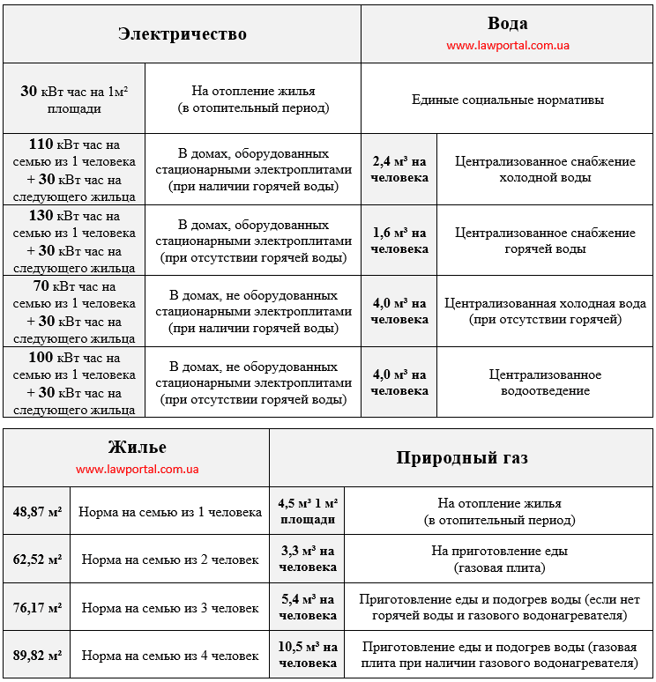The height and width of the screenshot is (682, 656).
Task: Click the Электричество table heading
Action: [x=182, y=34]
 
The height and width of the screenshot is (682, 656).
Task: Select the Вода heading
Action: [x=507, y=24]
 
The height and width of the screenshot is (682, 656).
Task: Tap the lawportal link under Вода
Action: [x=507, y=45]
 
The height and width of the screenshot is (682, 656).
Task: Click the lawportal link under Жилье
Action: [x=137, y=469]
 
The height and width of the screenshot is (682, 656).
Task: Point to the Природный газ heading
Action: [x=462, y=458]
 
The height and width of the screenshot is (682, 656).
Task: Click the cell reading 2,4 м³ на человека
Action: [x=399, y=169]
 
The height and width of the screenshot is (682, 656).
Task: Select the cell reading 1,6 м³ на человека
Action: [x=399, y=241]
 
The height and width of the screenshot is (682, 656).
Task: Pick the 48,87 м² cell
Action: [x=37, y=511]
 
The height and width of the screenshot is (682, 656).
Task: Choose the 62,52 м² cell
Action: [x=37, y=559]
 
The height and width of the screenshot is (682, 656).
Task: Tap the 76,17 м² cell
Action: [x=37, y=607]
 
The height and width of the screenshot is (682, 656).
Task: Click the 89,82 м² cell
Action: [x=37, y=655]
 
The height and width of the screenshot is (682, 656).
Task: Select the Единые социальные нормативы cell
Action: [x=507, y=100]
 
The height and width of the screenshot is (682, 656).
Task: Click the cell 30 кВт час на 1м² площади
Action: [x=74, y=100]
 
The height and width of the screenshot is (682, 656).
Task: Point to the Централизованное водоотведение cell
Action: [x=545, y=382]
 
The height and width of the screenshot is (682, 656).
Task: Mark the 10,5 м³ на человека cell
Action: [x=308, y=655]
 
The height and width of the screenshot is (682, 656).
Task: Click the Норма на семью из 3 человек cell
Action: [x=169, y=607]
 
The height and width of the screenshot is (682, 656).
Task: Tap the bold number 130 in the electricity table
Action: [x=41, y=216]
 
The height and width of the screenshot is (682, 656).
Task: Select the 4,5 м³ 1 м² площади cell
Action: [x=308, y=511]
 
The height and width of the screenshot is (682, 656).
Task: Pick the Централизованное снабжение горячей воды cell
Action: [x=545, y=241]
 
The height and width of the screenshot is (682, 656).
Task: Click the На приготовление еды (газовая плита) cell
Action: [x=499, y=559]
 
